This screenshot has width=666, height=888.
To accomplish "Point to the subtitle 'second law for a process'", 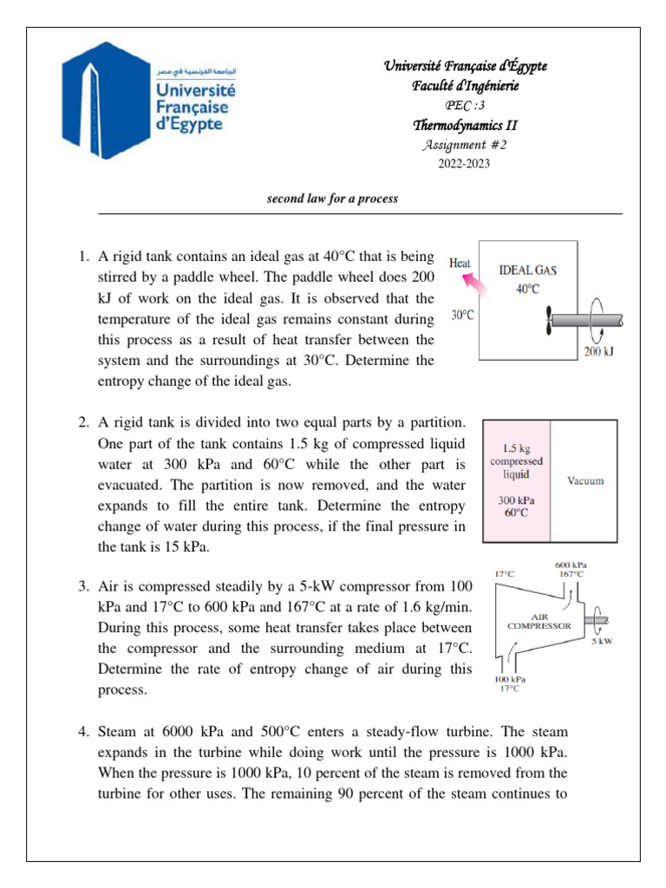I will point(332,199).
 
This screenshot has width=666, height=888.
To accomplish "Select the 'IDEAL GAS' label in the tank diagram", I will point(528,270).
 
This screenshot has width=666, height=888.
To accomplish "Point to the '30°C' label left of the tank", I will point(463,317).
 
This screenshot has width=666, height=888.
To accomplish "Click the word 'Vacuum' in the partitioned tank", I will point(584,480).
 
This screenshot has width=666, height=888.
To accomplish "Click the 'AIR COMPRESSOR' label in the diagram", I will point(539,621).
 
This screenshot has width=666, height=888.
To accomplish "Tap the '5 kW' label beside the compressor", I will point(602,643).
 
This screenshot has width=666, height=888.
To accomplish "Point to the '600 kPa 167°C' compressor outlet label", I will point(569,569).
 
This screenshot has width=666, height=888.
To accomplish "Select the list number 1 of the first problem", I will point(84,257).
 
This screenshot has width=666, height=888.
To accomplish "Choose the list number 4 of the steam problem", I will point(84,732).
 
